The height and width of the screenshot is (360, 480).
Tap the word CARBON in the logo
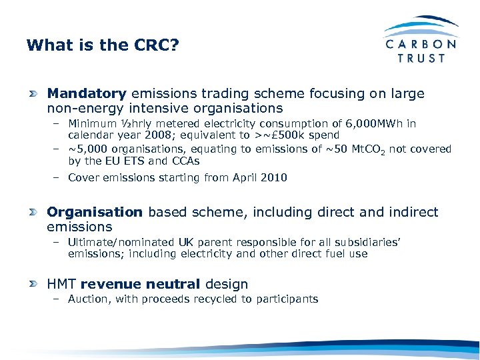(421, 44)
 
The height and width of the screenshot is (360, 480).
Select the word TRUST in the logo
(421, 58)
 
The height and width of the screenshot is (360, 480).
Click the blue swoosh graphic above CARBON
(421, 25)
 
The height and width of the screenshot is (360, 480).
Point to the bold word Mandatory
(87, 94)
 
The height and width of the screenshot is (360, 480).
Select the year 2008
(154, 135)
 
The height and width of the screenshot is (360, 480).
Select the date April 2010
(260, 177)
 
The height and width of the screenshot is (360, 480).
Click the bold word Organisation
(95, 213)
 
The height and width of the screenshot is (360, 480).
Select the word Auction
(89, 299)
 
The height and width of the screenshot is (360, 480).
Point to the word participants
(288, 299)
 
